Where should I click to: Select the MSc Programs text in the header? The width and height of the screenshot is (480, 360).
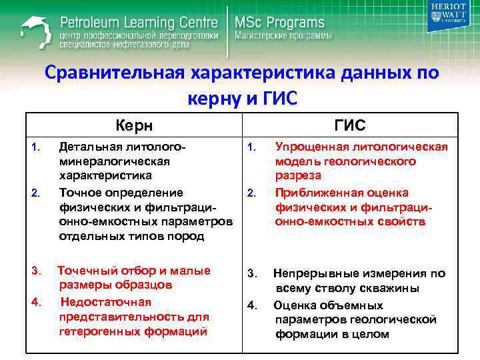coord(279,22)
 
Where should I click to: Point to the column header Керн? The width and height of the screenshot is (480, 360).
coord(133,125)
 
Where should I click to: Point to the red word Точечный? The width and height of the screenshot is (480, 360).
coord(87,270)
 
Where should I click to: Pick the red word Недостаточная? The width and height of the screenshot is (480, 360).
coord(101,302)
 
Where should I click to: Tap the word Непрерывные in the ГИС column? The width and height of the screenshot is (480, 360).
coord(317,273)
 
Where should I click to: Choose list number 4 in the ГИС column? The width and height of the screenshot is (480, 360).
coord(252,306)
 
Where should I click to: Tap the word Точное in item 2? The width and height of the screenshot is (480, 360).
coord(81,193)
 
